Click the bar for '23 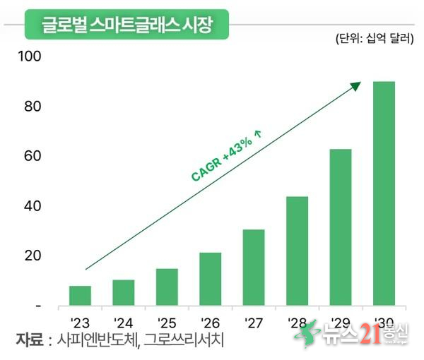tap(80, 296)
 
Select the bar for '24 tap(124, 293)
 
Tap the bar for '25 tap(167, 287)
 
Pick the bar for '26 tap(210, 279)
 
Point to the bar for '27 tap(254, 268)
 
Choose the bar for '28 tap(297, 251)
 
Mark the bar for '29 tap(340, 227)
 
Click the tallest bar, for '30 tap(384, 193)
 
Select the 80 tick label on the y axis tap(33, 107)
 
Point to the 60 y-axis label tap(33, 156)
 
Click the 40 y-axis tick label tap(33, 206)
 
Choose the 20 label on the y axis tap(33, 256)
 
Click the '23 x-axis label tap(80, 323)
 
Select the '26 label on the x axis tap(210, 323)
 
